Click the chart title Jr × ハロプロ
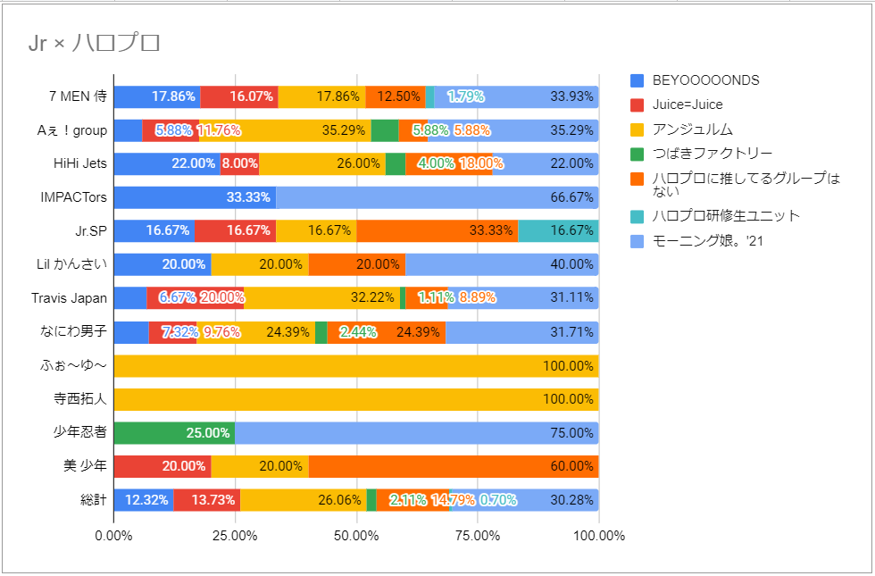tap(95, 43)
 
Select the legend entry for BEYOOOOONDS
tap(704, 80)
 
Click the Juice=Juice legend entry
tap(687, 104)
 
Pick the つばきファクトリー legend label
tap(712, 154)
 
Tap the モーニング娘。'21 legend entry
tap(707, 240)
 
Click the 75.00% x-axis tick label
tap(478, 536)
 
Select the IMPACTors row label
tap(74, 197)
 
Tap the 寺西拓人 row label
tap(81, 399)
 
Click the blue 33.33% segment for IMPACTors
tap(195, 197)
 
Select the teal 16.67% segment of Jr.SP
tap(558, 231)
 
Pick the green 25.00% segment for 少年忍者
tap(174, 433)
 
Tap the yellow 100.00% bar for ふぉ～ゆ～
tap(356, 366)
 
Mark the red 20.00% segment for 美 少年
tap(162, 466)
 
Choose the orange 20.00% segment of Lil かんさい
tap(356, 264)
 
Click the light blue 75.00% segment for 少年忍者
tap(417, 433)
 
